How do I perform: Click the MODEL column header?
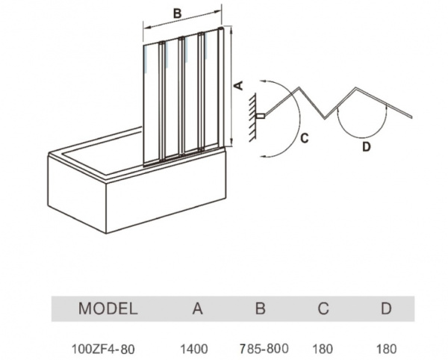point(108,308)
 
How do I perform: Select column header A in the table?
point(198,308)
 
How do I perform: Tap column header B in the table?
point(260,308)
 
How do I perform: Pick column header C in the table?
point(323,308)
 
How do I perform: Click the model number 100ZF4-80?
point(108,348)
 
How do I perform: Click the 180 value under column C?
point(323,348)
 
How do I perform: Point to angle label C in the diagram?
point(305,138)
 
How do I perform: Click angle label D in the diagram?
point(366,146)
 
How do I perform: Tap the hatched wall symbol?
point(253,116)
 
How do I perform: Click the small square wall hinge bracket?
point(261,117)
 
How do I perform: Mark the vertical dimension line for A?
point(230,86)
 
